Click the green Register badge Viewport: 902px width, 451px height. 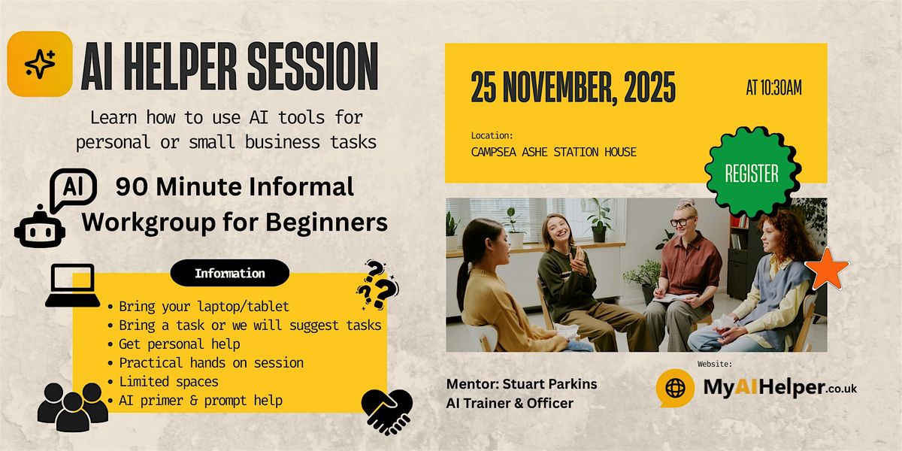(x=752, y=174)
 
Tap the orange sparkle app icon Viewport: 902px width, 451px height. (x=39, y=64)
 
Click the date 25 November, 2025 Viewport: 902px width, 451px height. (x=573, y=88)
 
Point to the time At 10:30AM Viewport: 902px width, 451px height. (x=773, y=88)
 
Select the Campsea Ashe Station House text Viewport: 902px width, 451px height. (x=553, y=152)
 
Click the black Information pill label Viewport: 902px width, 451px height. (x=229, y=274)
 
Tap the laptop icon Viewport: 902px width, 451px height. (x=72, y=285)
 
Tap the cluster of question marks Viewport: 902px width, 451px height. (x=377, y=284)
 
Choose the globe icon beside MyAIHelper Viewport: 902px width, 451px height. (x=675, y=389)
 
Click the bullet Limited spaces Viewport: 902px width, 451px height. (x=168, y=382)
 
